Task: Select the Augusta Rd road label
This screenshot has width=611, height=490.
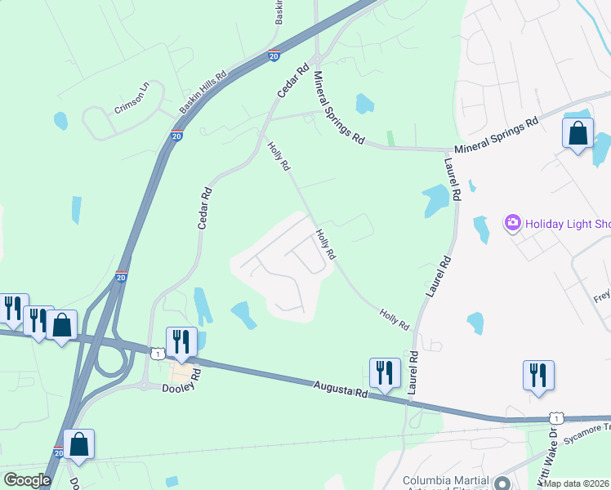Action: tap(340, 390)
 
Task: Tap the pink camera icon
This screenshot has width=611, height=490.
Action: tap(513, 222)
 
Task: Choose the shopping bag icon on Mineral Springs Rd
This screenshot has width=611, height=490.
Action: tap(578, 133)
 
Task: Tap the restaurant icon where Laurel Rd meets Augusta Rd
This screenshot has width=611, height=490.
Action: tap(385, 372)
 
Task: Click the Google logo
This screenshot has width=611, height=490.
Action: tap(27, 479)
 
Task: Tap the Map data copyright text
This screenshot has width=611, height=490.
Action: tap(577, 483)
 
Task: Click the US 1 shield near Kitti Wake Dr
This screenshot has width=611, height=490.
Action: tap(555, 418)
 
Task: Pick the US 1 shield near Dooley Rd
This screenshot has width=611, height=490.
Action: tap(156, 353)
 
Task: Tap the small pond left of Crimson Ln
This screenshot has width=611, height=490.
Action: tap(60, 121)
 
